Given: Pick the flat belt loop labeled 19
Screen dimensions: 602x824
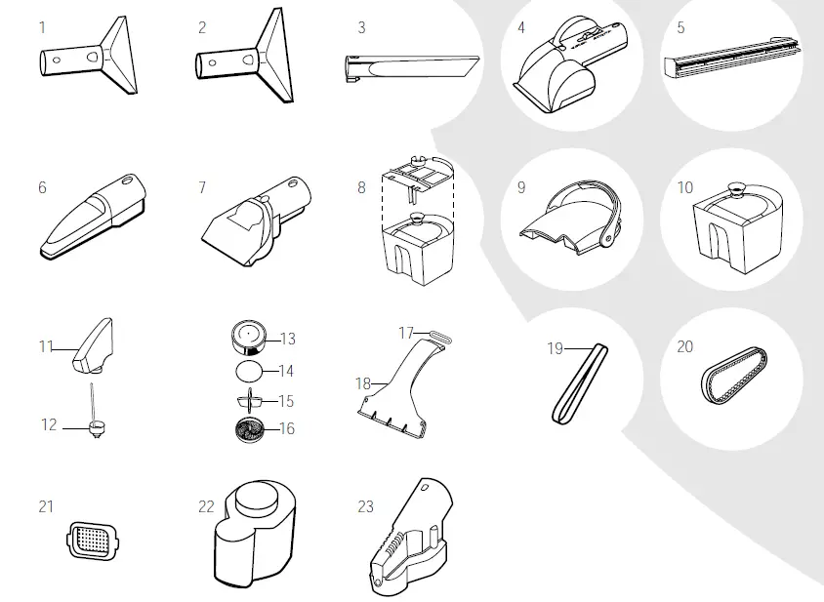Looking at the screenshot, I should tap(580, 381).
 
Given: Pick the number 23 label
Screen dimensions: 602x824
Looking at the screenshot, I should tap(366, 506).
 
